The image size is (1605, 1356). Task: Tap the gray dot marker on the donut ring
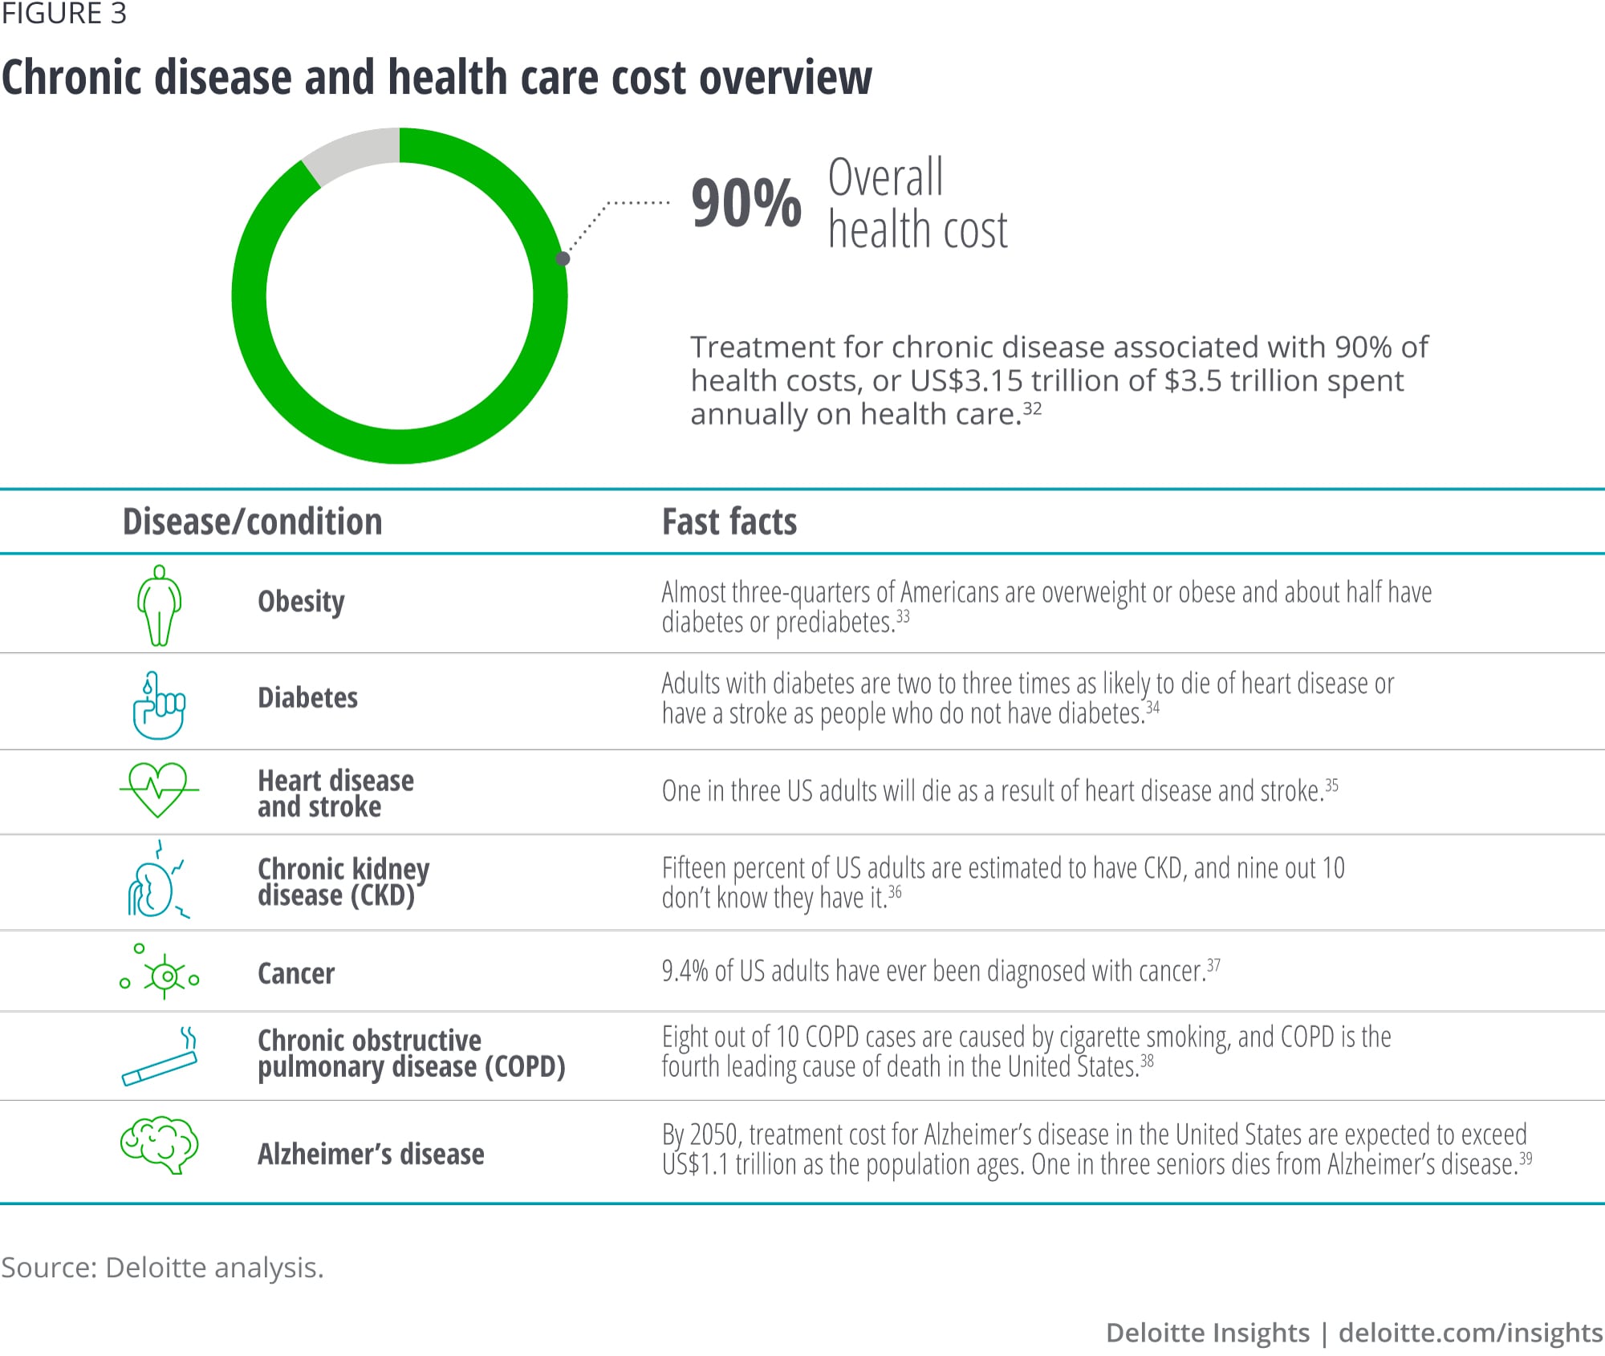tap(563, 258)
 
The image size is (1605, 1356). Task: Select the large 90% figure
tap(746, 204)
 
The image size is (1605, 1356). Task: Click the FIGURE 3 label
tap(64, 14)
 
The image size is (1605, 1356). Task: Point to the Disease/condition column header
tap(252, 522)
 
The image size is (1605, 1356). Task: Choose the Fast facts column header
tap(729, 522)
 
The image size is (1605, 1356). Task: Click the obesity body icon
tap(159, 605)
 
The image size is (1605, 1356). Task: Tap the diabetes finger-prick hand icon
tap(158, 705)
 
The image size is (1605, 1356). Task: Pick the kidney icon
tap(156, 883)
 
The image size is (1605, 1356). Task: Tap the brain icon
tap(159, 1145)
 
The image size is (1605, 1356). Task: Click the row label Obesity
tap(301, 602)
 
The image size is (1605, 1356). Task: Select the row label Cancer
tap(295, 973)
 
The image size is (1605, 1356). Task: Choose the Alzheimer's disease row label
tap(371, 1154)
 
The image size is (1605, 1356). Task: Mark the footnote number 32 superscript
tap(1032, 408)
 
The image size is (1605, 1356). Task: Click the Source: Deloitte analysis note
tap(162, 1267)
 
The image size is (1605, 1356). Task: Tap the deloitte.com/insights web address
tap(1470, 1333)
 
